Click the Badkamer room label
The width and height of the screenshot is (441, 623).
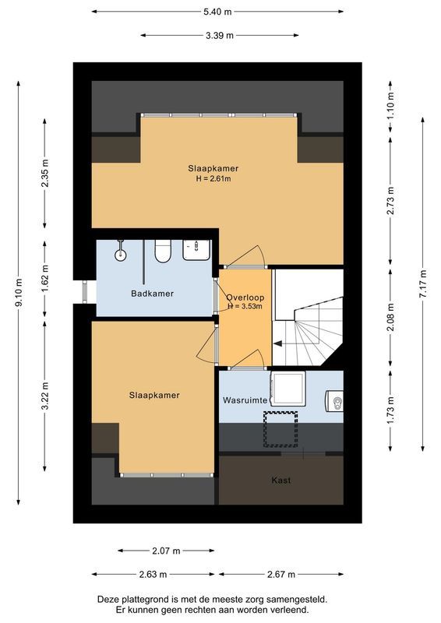pos(152,294)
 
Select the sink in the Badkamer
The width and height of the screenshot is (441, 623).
pos(196,250)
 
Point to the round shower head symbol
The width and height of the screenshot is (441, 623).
pos(121,254)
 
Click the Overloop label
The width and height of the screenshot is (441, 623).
pos(245,297)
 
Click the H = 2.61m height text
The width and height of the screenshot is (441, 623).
pos(213,178)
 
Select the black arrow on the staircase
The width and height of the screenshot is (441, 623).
pos(278,343)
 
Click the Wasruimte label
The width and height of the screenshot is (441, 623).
pos(245,399)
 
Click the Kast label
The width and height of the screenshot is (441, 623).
pos(280,480)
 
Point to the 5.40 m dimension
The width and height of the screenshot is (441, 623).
pos(217,12)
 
